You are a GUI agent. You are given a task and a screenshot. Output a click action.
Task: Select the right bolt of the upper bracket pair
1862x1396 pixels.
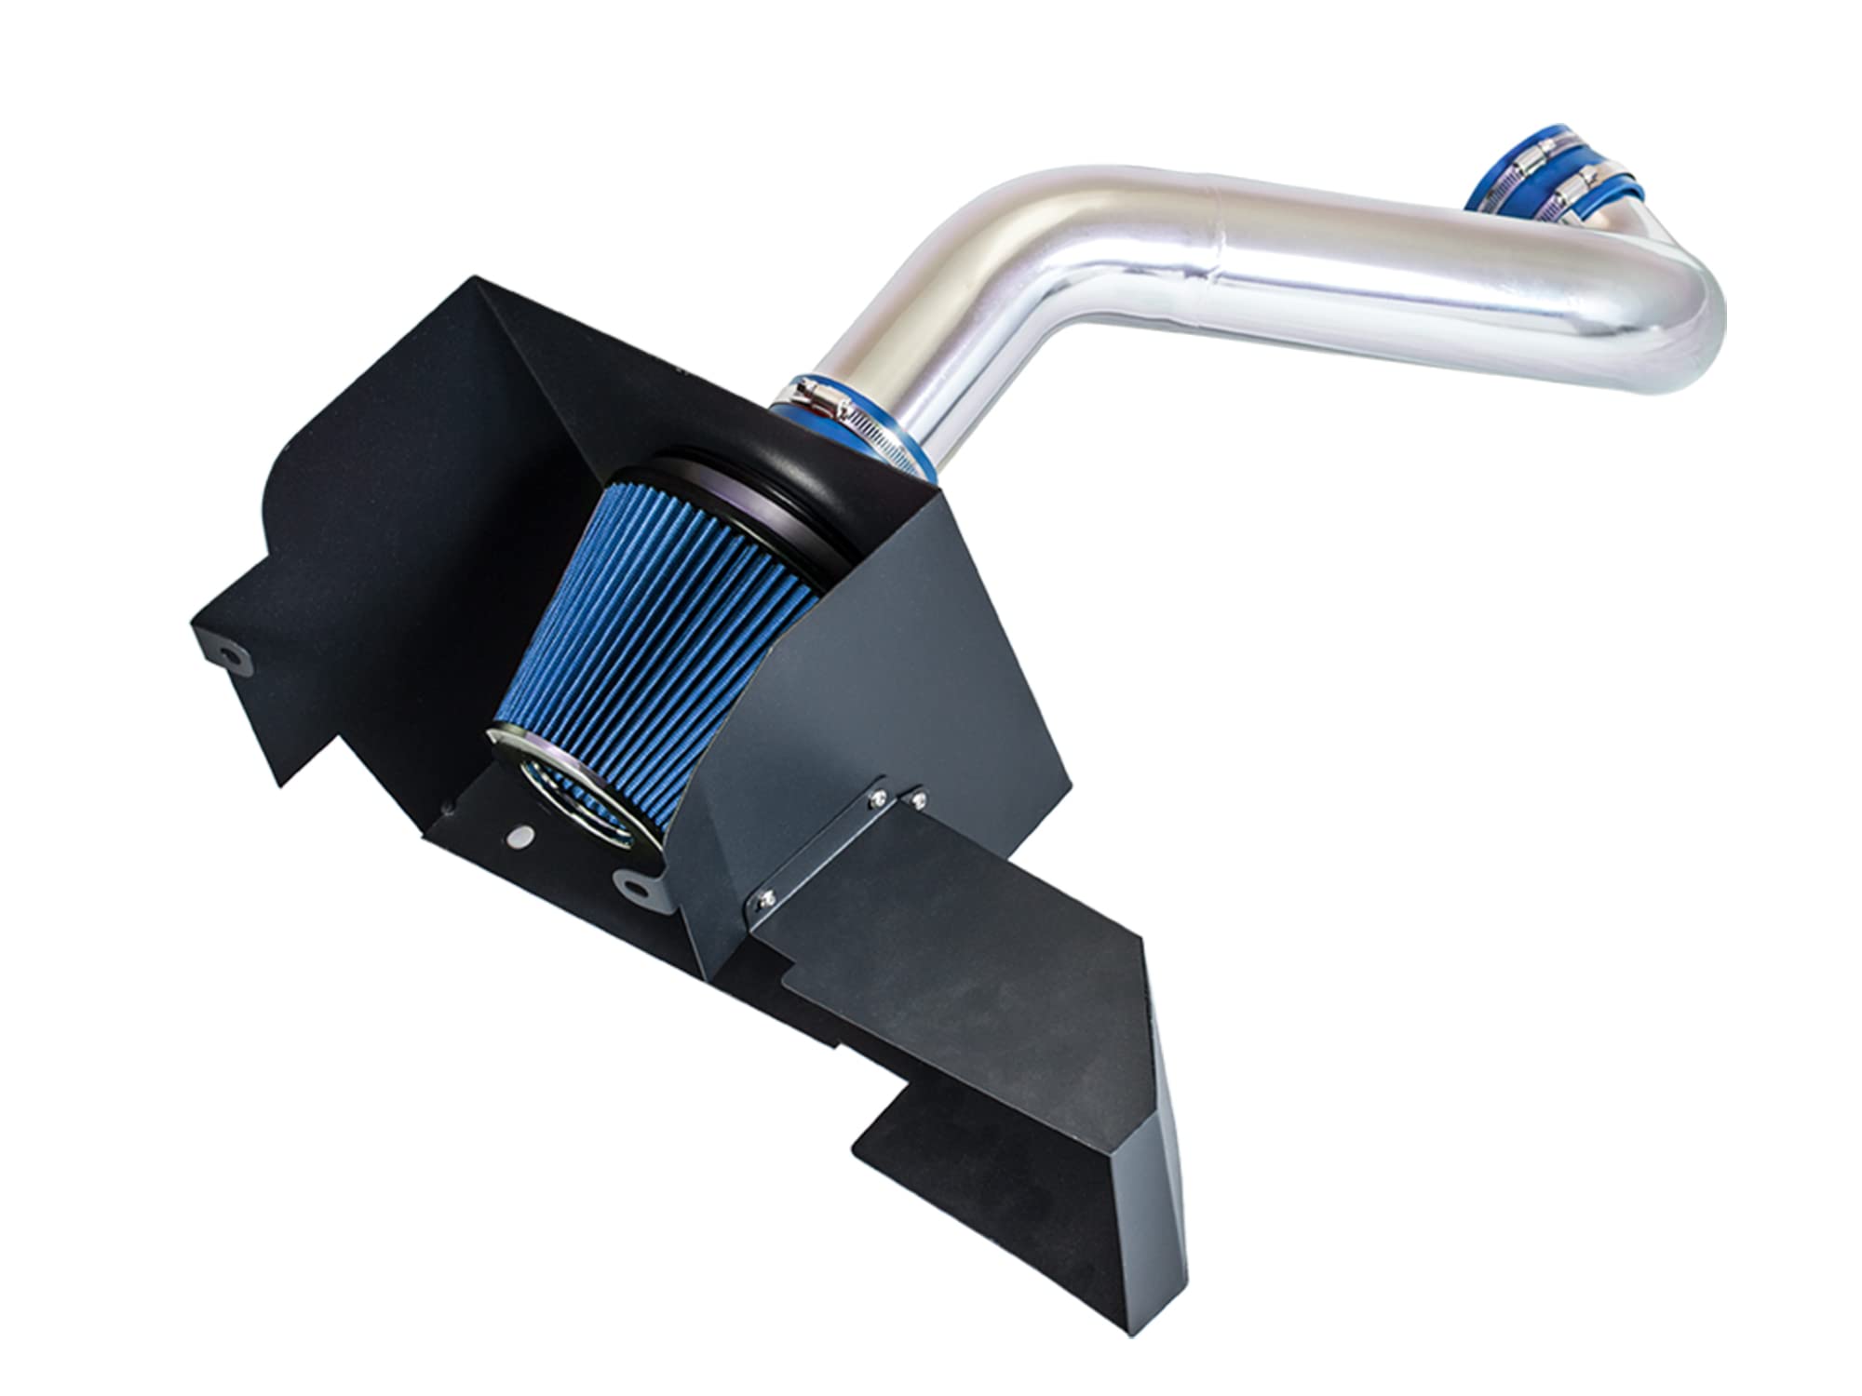(918, 799)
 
